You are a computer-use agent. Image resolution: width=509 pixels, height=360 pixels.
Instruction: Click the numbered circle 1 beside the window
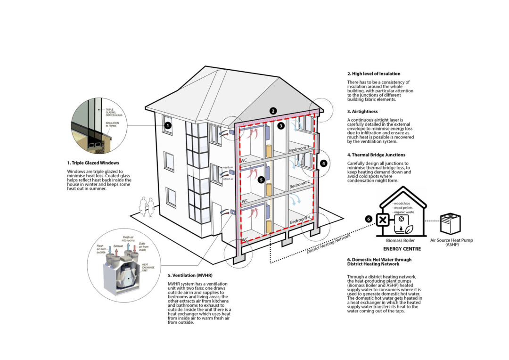[167, 126]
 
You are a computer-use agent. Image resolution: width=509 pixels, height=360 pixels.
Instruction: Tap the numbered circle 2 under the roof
[273, 111]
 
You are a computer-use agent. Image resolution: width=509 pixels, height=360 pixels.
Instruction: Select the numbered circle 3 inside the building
[281, 126]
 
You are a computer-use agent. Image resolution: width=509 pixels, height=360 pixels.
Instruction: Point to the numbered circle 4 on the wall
[323, 164]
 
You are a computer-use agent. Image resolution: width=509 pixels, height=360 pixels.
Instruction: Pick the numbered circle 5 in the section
[261, 180]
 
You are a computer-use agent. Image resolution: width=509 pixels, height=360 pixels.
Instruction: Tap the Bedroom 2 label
[300, 184]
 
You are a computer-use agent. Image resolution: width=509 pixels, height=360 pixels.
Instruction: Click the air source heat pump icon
[451, 223]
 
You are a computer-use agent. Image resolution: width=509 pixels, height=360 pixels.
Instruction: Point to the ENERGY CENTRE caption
[402, 248]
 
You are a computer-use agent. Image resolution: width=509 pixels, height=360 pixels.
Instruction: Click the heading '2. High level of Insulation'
[374, 74]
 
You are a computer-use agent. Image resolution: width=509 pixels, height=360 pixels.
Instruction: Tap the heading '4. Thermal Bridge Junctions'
[376, 155]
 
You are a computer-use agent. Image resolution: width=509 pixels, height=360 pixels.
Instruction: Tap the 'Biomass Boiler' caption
[402, 241]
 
